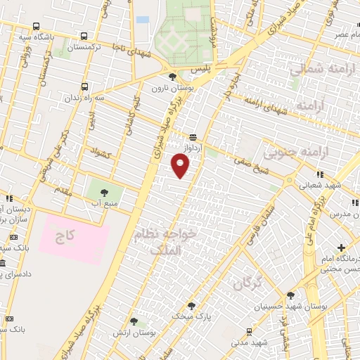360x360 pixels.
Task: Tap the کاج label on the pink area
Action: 65,238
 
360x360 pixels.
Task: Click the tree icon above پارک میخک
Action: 191,305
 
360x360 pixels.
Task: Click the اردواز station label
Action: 193,149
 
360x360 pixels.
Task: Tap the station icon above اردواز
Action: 193,137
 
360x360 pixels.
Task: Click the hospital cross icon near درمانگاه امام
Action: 341,247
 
